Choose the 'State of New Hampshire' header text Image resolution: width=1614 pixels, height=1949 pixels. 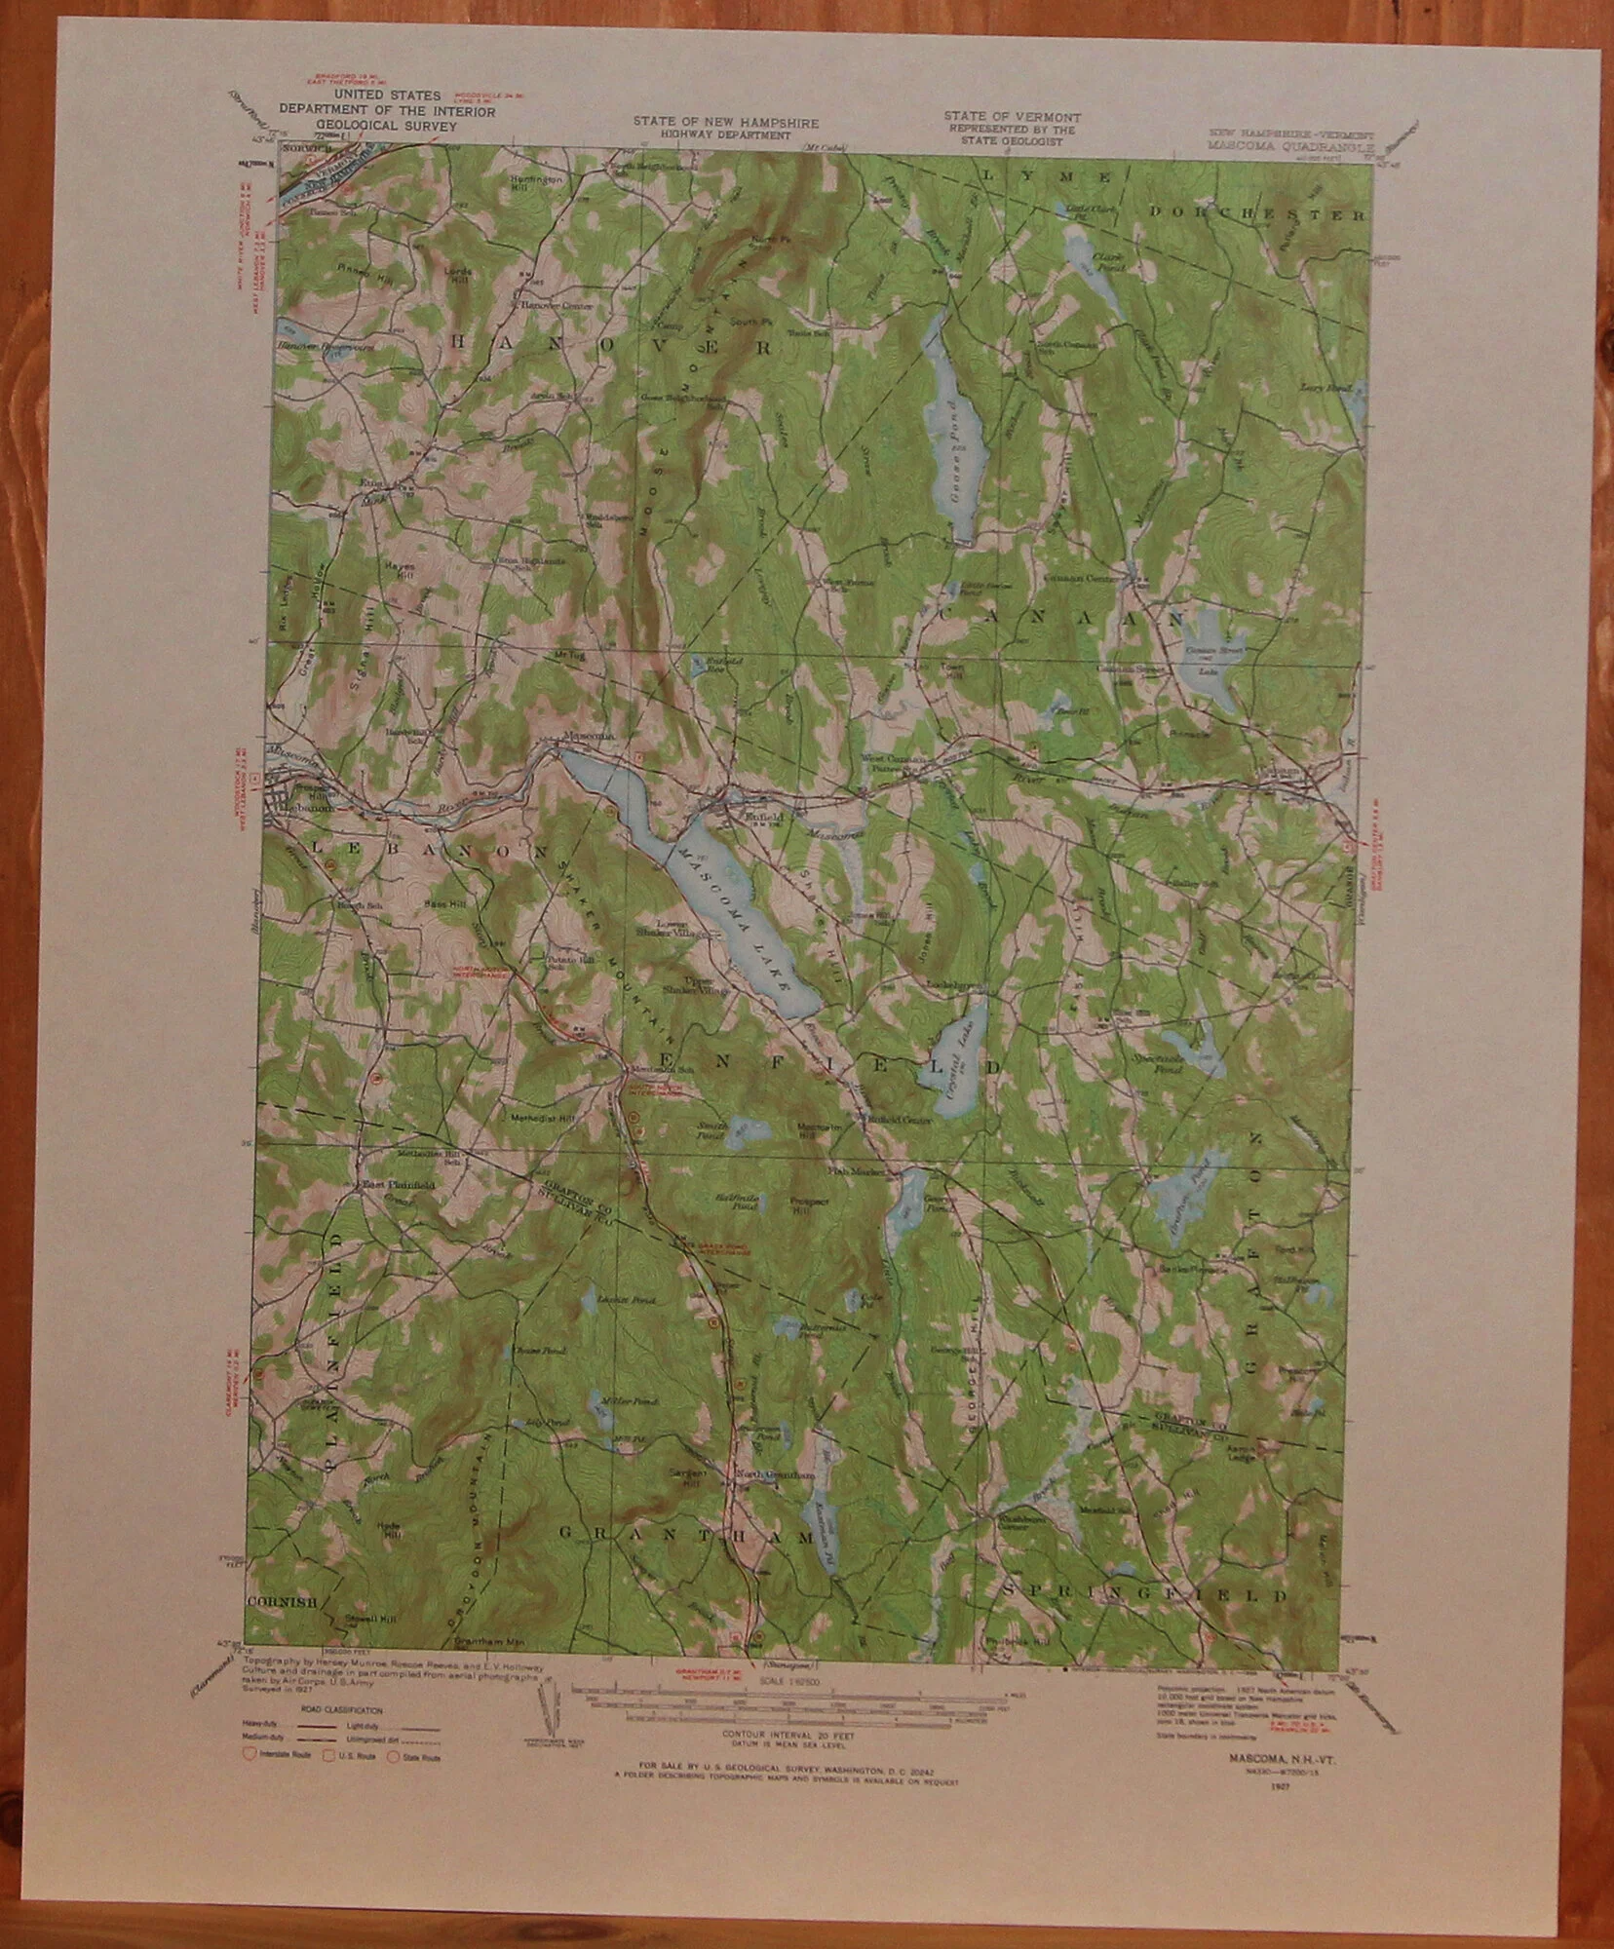(x=725, y=123)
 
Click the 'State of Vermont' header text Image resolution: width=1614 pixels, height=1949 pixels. (x=1012, y=116)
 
